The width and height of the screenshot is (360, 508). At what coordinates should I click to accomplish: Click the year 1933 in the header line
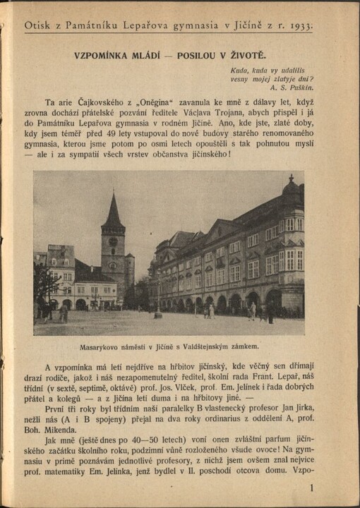[x=301, y=25]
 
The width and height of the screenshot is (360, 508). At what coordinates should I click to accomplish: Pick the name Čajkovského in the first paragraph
[x=99, y=102]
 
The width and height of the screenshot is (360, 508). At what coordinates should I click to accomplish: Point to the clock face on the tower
[x=112, y=241]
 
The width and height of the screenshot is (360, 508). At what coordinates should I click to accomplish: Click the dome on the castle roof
[x=291, y=186]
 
